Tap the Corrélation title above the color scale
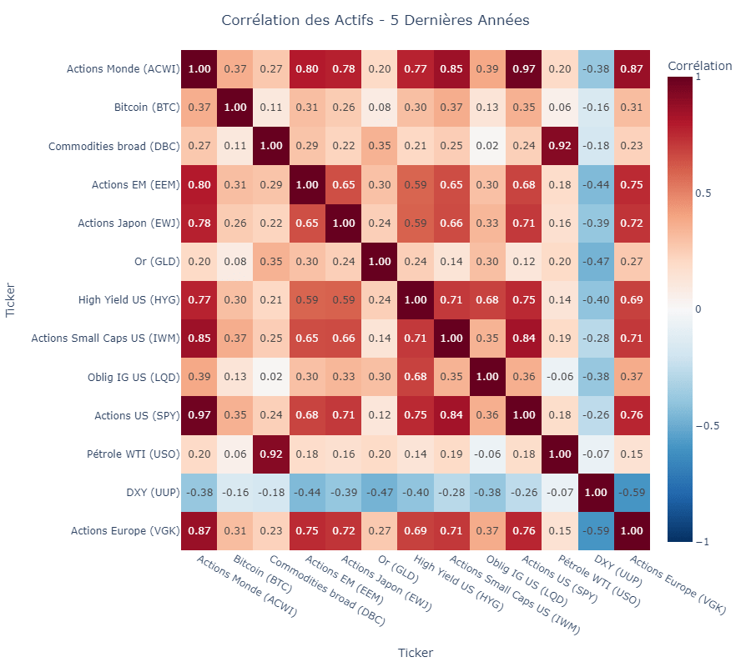pyautogui.click(x=699, y=66)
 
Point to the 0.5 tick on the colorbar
pyautogui.click(x=703, y=193)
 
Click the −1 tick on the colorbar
pyautogui.click(x=703, y=542)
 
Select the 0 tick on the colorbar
pyautogui.click(x=698, y=309)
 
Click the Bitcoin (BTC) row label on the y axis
pyautogui.click(x=147, y=108)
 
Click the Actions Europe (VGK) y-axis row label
pyautogui.click(x=125, y=530)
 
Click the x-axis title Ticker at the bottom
pyautogui.click(x=415, y=653)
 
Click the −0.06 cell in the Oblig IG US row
pyautogui.click(x=559, y=377)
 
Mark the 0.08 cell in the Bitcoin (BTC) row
pyautogui.click(x=379, y=108)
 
